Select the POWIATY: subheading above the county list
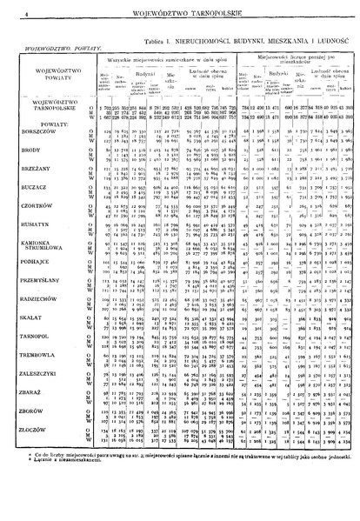point(37,124)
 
